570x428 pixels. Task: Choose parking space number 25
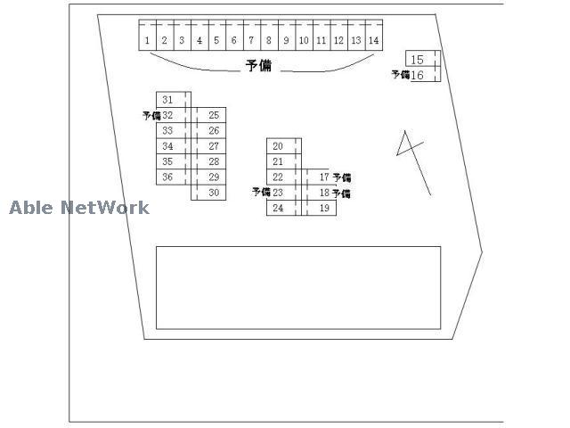[x=208, y=115]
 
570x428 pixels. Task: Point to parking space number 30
[x=208, y=193]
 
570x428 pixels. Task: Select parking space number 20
[x=284, y=146]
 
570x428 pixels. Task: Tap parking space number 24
[x=284, y=208]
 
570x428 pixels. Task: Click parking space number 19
[x=319, y=208]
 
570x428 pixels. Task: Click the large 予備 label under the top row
[x=258, y=66]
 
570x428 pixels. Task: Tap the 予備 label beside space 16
[x=401, y=75]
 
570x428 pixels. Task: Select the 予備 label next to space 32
[x=151, y=116]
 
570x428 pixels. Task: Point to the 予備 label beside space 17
[x=342, y=177]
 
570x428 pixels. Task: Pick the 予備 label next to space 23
[x=261, y=192]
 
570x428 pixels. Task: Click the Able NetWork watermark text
[x=79, y=208]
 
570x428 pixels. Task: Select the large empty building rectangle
[x=298, y=288]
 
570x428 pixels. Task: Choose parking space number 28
[x=208, y=161]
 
